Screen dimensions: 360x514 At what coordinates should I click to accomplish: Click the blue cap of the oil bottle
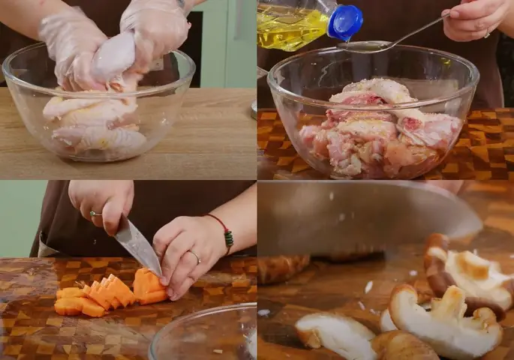click(345, 22)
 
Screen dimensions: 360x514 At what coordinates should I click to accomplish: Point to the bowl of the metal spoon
click(357, 46)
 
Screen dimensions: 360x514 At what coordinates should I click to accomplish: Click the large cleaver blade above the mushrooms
click(360, 217)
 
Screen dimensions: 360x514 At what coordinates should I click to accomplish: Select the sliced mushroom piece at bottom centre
click(334, 334)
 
